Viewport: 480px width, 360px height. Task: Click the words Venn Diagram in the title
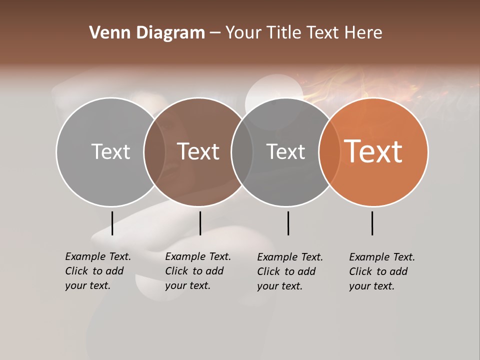click(147, 33)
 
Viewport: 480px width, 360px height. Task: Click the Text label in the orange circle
click(373, 151)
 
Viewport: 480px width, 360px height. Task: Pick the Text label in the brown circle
click(198, 151)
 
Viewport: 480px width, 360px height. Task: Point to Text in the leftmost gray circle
click(110, 151)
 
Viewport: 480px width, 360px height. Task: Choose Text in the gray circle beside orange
click(285, 151)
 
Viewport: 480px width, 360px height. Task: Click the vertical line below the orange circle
click(372, 223)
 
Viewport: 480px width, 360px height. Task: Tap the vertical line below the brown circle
click(200, 223)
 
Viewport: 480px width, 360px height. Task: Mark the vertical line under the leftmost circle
click(112, 223)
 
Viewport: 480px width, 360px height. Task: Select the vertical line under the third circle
click(288, 223)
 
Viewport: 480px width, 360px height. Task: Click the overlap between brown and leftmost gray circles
click(154, 151)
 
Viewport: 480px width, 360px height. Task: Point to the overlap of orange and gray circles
click(329, 151)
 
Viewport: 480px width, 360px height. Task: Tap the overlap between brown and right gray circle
click(242, 151)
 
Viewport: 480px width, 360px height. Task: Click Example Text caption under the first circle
click(98, 256)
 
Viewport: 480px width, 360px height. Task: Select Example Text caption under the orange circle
click(382, 257)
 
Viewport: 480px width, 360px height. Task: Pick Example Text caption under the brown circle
click(198, 256)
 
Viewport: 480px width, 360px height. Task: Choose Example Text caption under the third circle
click(290, 257)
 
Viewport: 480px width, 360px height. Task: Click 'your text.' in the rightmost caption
click(371, 286)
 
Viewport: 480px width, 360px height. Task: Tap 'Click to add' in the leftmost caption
click(94, 271)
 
